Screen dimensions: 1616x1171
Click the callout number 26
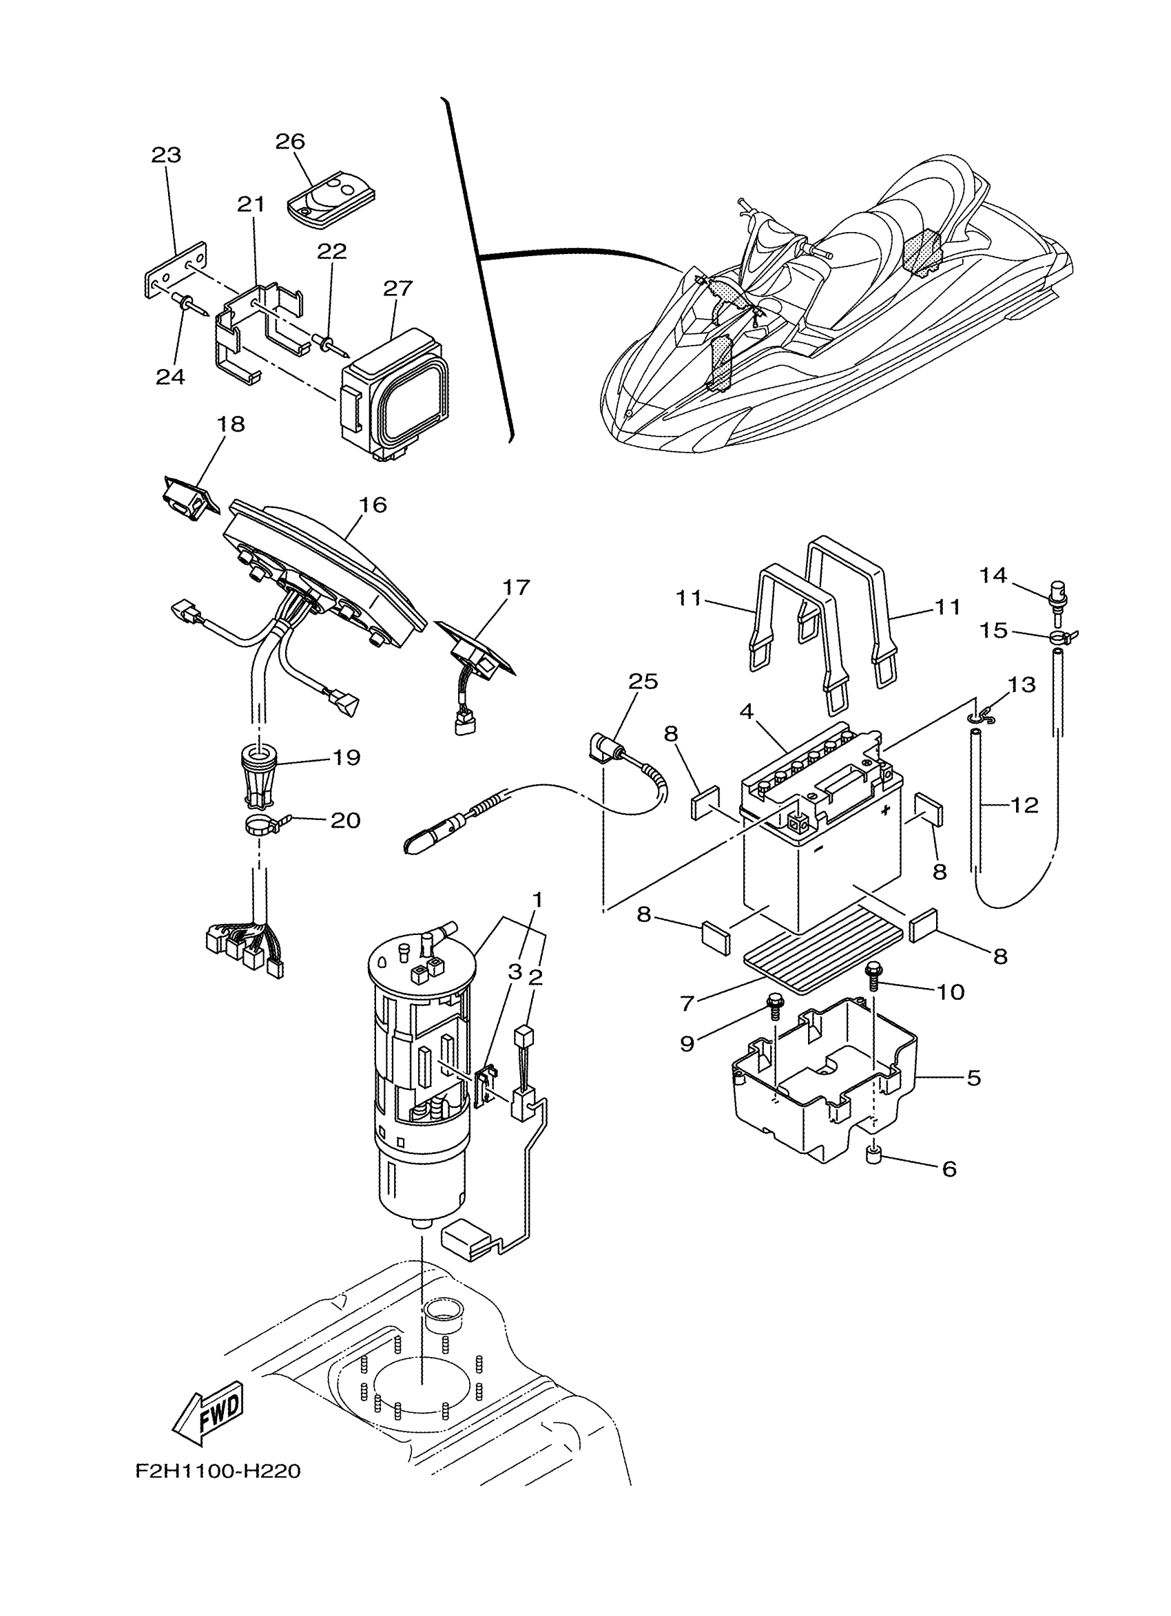pos(290,142)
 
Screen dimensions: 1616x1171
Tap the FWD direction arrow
pos(209,1406)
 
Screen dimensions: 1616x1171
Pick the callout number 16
pos(372,505)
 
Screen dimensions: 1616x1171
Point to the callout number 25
pos(643,681)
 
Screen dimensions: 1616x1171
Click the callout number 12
pos(1024,806)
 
